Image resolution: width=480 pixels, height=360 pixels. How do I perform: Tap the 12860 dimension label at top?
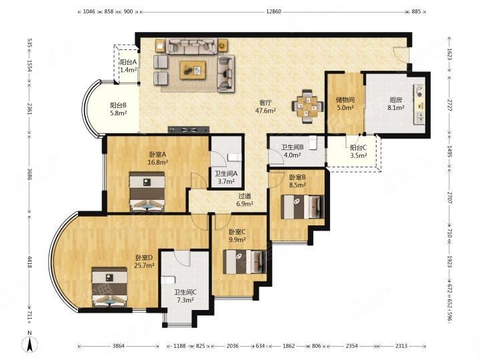(x=273, y=11)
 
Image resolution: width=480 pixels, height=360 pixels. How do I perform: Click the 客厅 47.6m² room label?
(x=265, y=107)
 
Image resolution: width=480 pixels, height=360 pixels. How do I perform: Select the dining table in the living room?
(x=307, y=106)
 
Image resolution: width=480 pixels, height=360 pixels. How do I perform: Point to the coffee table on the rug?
(x=193, y=70)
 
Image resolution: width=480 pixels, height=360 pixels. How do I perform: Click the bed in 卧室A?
(x=147, y=191)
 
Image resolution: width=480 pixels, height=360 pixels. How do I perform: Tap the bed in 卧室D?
(x=109, y=287)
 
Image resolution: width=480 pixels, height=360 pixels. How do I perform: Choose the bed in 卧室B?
(x=303, y=207)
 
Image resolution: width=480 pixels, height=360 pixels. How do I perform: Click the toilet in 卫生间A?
(x=235, y=157)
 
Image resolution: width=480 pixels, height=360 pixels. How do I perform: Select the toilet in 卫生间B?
(x=313, y=143)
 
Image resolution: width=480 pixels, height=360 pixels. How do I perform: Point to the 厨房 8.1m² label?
(x=395, y=104)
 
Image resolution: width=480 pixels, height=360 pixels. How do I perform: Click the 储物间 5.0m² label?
(x=345, y=103)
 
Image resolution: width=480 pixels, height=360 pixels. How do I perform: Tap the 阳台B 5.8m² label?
(x=119, y=109)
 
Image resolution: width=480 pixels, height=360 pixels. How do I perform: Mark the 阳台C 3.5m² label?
(x=359, y=151)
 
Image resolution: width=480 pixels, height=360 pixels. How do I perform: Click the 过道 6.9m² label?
(x=245, y=199)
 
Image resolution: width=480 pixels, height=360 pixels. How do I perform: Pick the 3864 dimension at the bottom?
(x=119, y=346)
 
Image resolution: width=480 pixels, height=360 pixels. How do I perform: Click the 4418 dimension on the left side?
(x=30, y=263)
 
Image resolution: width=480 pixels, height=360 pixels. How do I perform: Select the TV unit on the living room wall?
(x=189, y=129)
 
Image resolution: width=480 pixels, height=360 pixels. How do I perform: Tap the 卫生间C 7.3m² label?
(x=185, y=296)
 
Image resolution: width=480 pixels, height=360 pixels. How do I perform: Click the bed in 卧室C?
(x=244, y=262)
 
